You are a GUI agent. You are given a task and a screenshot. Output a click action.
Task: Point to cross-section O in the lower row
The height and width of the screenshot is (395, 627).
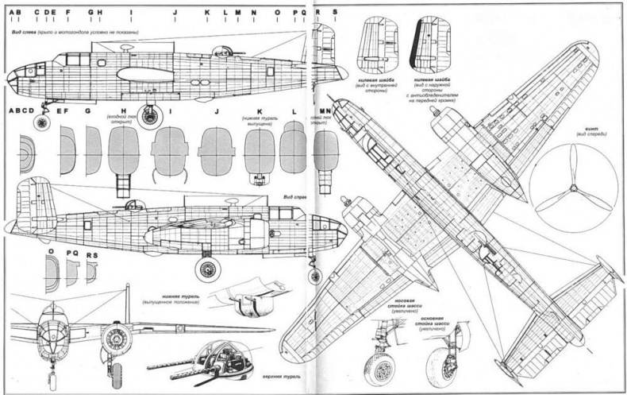pos(52,271)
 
